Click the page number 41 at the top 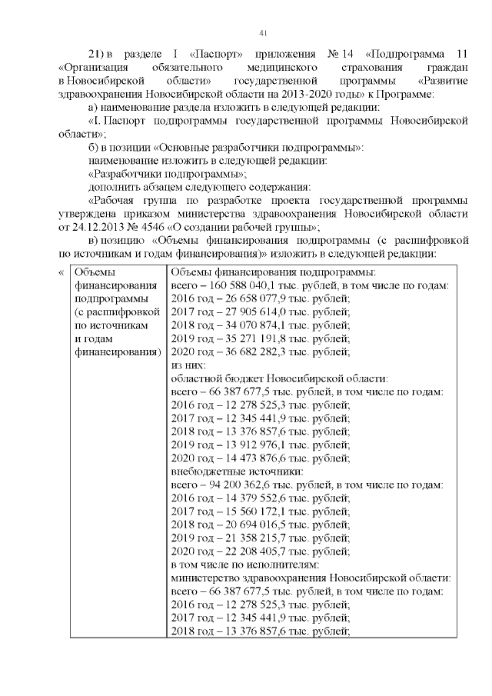[263, 32]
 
